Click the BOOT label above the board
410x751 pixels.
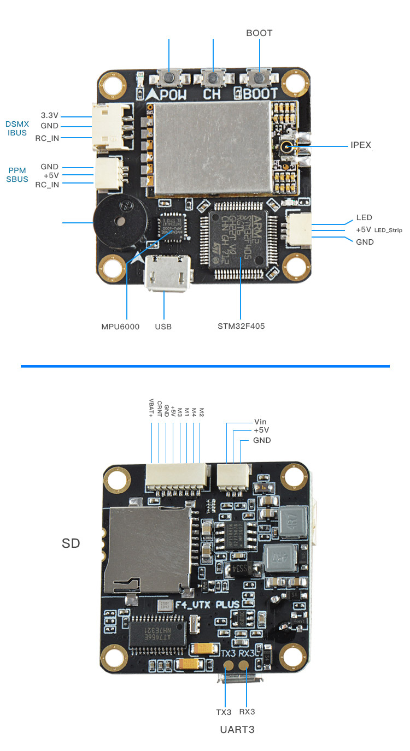(259, 33)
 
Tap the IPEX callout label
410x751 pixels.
(361, 145)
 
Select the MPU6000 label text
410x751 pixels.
(120, 327)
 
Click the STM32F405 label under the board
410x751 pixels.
(241, 327)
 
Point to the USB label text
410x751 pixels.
(163, 327)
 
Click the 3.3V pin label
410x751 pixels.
(50, 116)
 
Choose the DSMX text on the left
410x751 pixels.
(17, 124)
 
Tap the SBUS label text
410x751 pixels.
(17, 179)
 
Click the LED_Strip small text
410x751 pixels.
(388, 230)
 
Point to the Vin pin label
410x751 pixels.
(261, 422)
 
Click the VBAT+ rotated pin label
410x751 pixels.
(151, 407)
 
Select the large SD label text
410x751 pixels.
(71, 543)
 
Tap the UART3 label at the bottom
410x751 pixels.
(237, 730)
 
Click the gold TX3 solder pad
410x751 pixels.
(229, 665)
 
